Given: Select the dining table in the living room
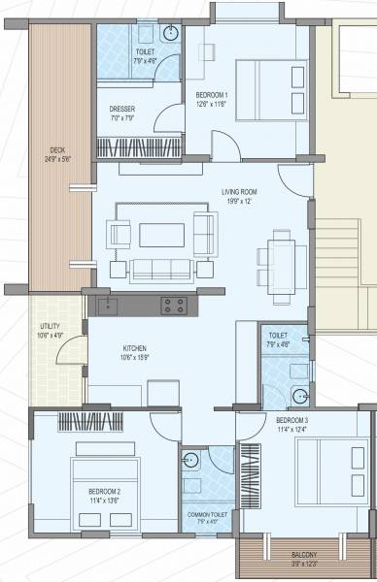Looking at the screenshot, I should (279, 255).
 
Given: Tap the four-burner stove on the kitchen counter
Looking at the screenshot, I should (173, 306).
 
